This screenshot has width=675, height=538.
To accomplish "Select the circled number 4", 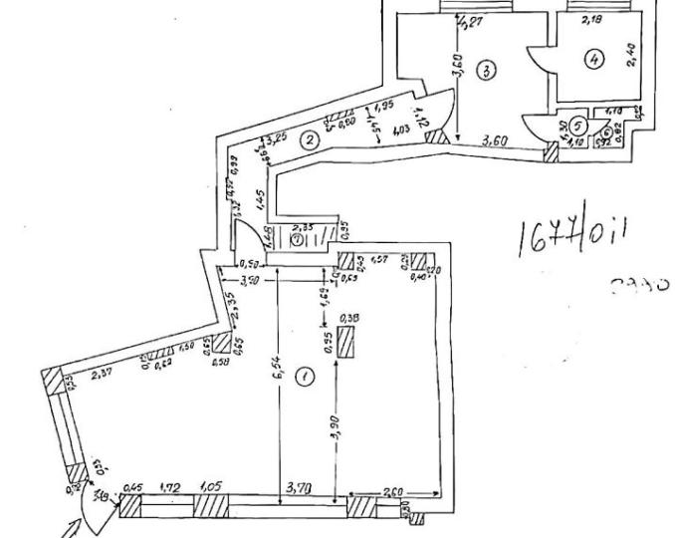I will click(x=594, y=60).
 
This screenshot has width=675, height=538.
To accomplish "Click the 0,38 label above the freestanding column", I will click(x=349, y=318).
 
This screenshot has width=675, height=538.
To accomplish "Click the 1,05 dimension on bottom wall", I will click(x=211, y=488).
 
